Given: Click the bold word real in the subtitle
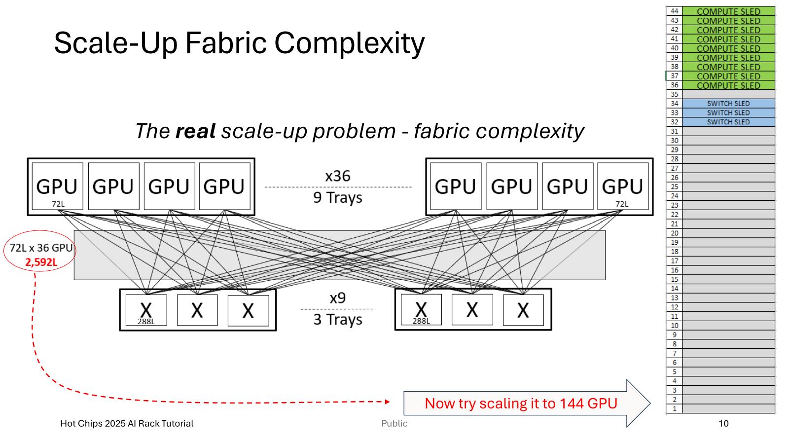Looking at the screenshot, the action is (x=195, y=131).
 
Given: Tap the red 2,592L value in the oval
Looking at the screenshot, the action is (x=41, y=262).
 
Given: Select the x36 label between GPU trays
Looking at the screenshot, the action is (x=338, y=176).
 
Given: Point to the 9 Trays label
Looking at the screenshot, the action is (x=338, y=197).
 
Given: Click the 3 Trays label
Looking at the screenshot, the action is (x=338, y=319).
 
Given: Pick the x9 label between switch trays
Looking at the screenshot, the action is (x=338, y=298).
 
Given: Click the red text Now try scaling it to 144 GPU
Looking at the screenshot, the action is (x=521, y=404).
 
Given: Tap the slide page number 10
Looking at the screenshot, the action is (x=723, y=424).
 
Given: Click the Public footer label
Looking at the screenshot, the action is (x=394, y=424).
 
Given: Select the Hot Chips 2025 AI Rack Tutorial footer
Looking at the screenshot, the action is (x=127, y=424).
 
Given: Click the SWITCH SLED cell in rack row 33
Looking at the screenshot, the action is (x=728, y=113).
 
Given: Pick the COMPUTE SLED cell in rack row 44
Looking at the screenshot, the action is (x=728, y=11).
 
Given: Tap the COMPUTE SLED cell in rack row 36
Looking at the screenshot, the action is (x=728, y=85).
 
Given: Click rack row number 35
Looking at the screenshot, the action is (x=675, y=94).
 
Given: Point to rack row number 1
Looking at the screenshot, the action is (x=675, y=409).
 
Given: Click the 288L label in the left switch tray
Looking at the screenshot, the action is (x=146, y=321).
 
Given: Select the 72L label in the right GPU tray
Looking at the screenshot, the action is (x=622, y=204).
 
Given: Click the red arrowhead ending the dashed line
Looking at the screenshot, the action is (x=388, y=402).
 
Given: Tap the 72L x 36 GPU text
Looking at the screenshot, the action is (x=41, y=248).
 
